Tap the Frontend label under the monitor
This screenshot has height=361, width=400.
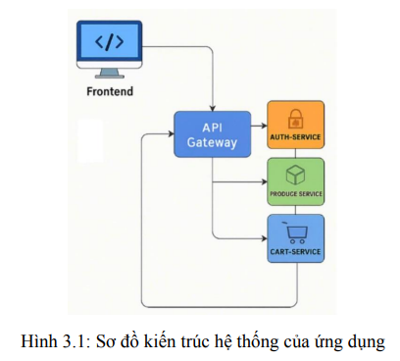pos(109,92)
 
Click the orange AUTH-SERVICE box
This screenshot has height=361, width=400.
pos(295,124)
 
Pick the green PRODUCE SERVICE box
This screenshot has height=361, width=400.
pos(295,180)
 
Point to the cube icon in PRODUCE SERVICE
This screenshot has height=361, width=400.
pos(295,174)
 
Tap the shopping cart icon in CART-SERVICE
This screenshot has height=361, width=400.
pos(295,232)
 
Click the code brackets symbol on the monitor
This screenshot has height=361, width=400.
pos(109,42)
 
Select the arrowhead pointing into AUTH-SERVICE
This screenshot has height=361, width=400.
pos(264,126)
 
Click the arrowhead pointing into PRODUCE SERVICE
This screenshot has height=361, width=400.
pos(264,181)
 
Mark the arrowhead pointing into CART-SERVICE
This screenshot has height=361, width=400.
pos(264,238)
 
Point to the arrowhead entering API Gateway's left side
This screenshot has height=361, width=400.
pos(171,136)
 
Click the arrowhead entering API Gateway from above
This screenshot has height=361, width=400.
pos(213,107)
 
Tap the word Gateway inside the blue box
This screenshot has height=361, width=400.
pos(212,143)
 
